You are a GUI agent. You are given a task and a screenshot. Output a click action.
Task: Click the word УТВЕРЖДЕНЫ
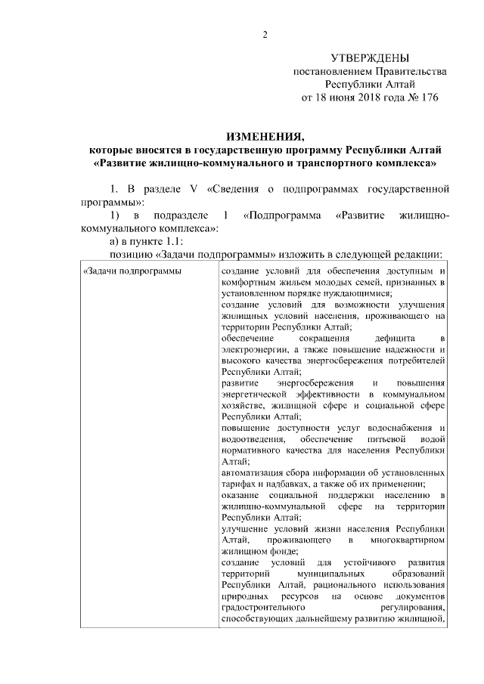pos(371,58)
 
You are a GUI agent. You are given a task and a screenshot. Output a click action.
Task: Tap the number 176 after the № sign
pos(428,97)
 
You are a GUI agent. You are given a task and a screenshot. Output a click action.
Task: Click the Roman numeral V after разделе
pos(193,187)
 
